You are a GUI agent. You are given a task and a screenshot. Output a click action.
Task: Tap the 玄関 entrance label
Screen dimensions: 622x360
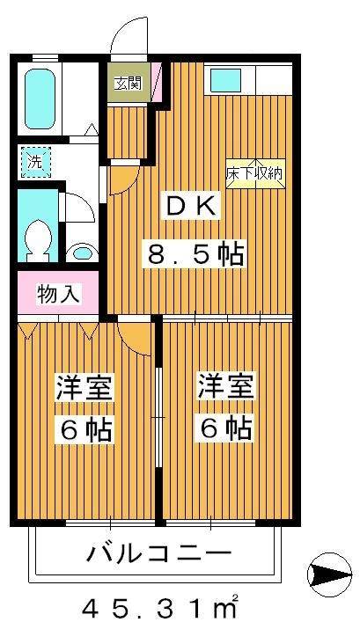point(128,84)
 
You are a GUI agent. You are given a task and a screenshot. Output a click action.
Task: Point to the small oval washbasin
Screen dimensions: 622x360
point(82,252)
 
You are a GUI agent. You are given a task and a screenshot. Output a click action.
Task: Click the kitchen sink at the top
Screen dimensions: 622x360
point(231,82)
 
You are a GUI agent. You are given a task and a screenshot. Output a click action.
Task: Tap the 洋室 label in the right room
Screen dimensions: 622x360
point(225,387)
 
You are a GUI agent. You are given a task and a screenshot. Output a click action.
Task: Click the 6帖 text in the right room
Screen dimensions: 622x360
point(225,430)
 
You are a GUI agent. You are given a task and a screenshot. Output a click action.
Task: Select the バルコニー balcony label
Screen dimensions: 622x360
point(158,553)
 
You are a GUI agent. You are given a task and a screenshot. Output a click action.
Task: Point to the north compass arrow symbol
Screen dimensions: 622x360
point(328,575)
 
